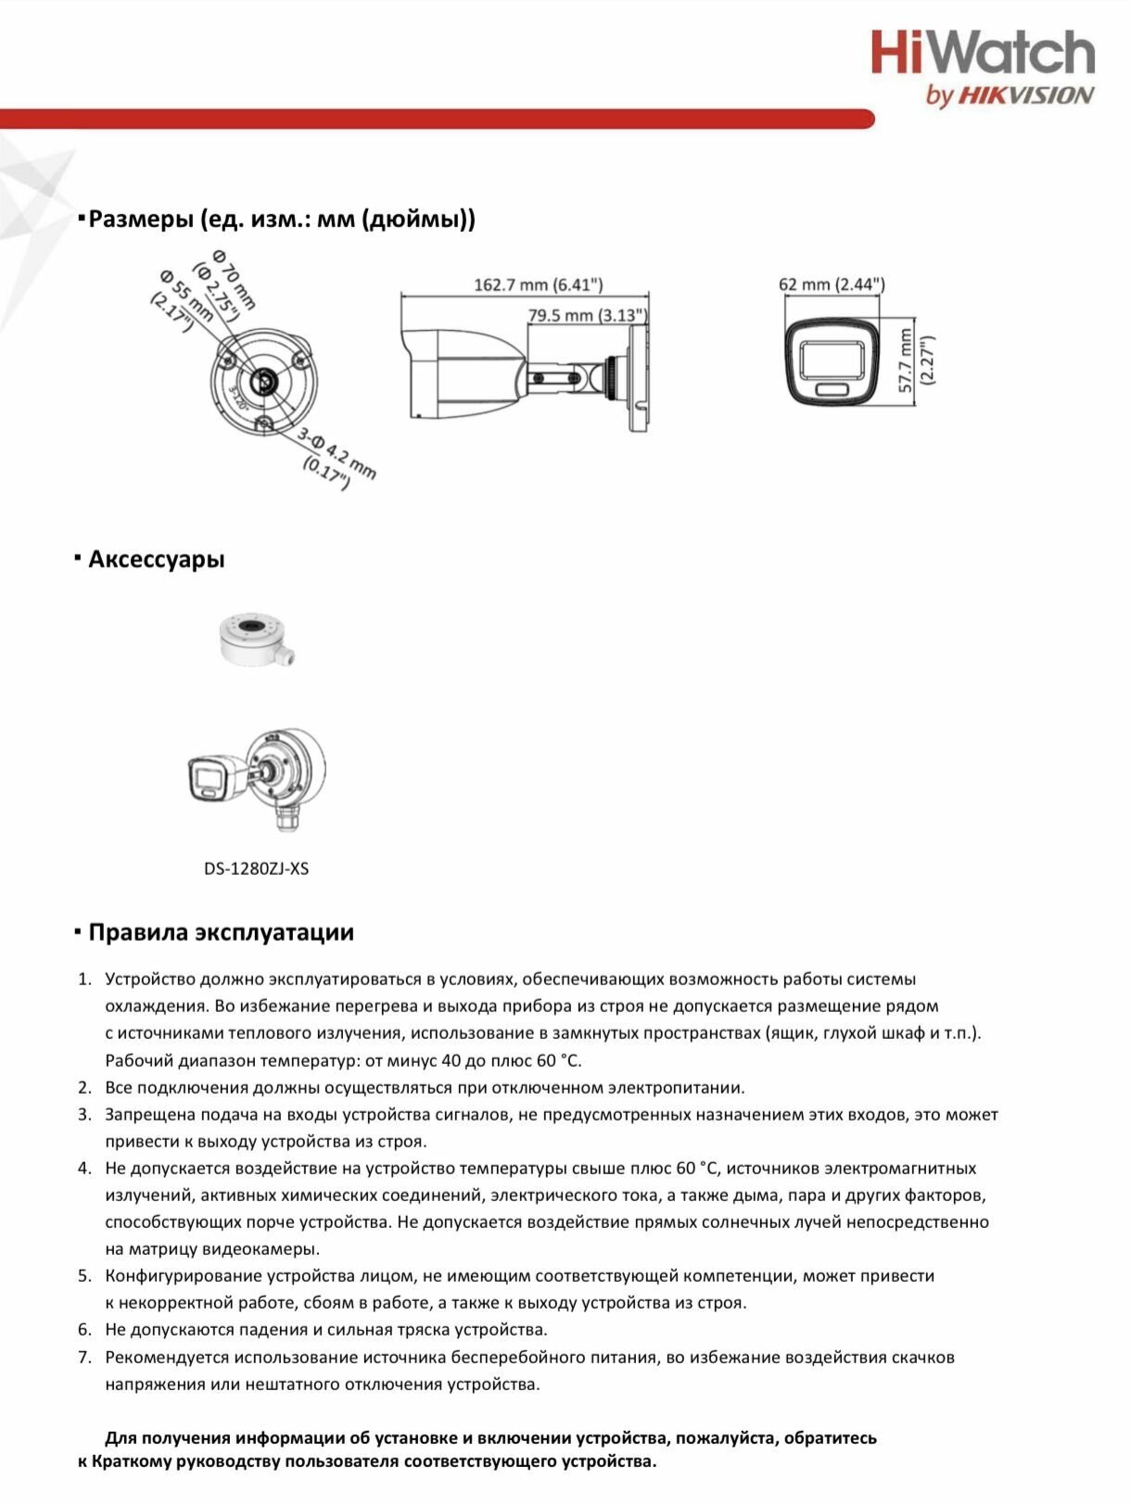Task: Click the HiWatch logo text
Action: point(982,54)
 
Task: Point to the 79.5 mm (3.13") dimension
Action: point(587,315)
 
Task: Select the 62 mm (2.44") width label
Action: point(832,284)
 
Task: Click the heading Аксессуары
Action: point(156,560)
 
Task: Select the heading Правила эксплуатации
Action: point(221,932)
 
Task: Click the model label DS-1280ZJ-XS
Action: point(256,868)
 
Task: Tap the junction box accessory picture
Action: point(254,639)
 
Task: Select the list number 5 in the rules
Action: point(84,1276)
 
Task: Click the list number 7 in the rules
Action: point(84,1358)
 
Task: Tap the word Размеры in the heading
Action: point(141,220)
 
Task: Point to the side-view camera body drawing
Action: point(464,371)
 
